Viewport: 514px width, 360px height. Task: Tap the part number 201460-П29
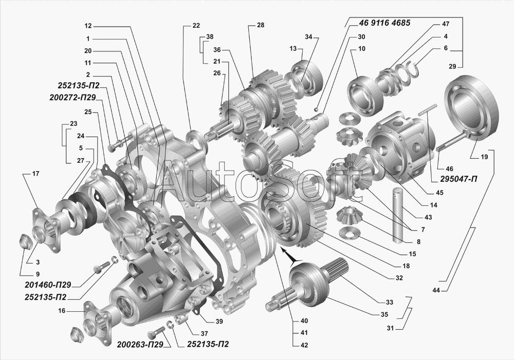(x=47, y=284)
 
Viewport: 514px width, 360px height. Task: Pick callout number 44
(x=436, y=291)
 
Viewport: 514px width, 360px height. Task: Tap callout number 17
(x=35, y=174)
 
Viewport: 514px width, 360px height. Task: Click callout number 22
(x=196, y=25)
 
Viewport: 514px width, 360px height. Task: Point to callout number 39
(x=219, y=321)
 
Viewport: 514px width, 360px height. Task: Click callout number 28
(x=261, y=25)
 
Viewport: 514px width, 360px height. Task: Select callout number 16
(x=62, y=311)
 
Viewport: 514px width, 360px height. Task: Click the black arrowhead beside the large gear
(x=288, y=256)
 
